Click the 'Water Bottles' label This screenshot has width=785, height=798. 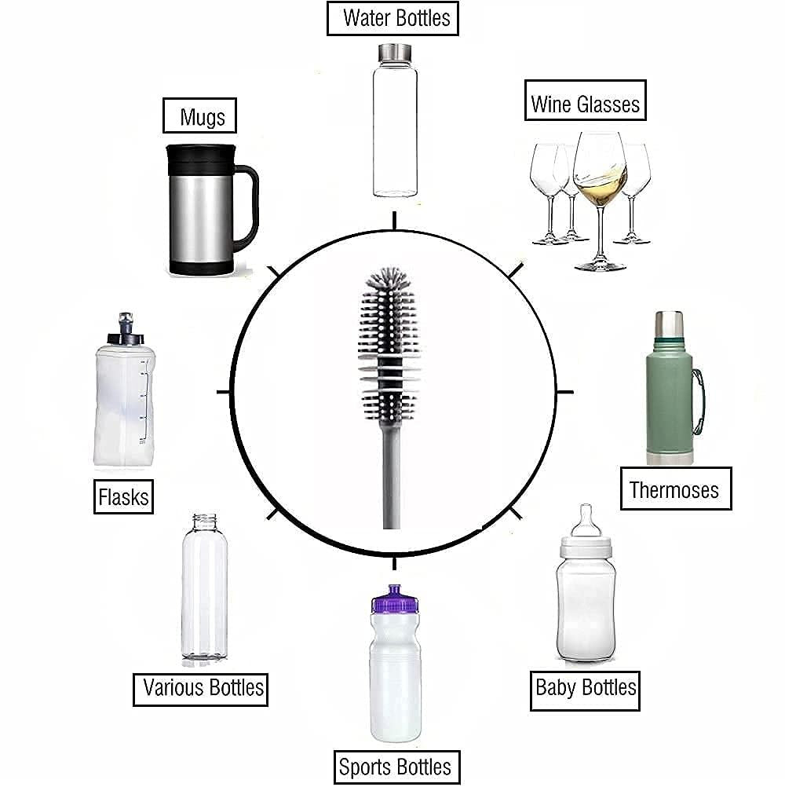click(392, 19)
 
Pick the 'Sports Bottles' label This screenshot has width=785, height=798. click(396, 767)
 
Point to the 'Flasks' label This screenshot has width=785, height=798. click(123, 496)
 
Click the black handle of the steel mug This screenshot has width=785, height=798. click(250, 204)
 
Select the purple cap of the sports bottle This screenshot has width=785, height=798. click(396, 600)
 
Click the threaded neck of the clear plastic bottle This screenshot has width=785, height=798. click(204, 522)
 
